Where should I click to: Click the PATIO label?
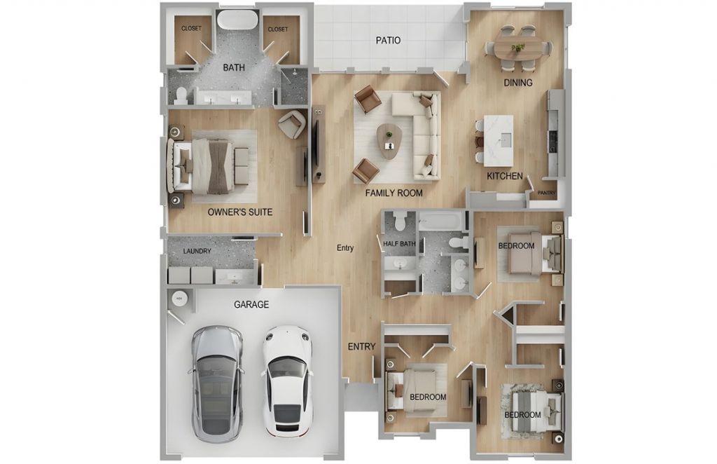(388, 40)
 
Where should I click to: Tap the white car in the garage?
(288, 381)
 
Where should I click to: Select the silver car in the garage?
(216, 383)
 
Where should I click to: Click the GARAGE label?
(251, 304)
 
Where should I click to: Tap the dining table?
(518, 48)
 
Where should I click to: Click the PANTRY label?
(546, 193)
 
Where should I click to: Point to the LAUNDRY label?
(197, 251)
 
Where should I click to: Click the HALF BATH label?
(399, 244)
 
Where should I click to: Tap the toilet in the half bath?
(401, 221)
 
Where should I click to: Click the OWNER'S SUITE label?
(240, 212)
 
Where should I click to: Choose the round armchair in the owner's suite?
(292, 123)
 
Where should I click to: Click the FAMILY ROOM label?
(394, 193)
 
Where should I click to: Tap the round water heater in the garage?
(179, 298)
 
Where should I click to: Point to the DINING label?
(518, 83)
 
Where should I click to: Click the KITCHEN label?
(504, 176)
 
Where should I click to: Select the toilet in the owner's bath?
(181, 95)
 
